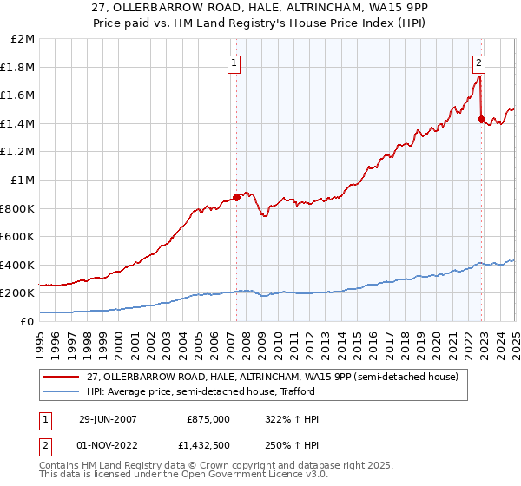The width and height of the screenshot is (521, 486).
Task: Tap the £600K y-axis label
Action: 17,236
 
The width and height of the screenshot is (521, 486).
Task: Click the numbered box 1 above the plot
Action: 235,62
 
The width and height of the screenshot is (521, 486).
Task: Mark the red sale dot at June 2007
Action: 237,197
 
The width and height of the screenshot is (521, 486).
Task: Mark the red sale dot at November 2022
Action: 480,119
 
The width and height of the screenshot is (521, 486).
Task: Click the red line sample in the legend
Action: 62,376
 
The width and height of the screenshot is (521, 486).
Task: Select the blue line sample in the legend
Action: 62,391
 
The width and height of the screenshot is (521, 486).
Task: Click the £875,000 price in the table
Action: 208,419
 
